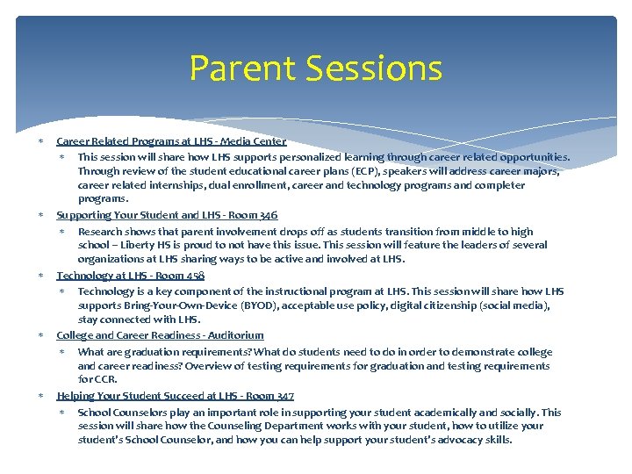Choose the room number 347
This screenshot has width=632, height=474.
coord(281,396)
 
